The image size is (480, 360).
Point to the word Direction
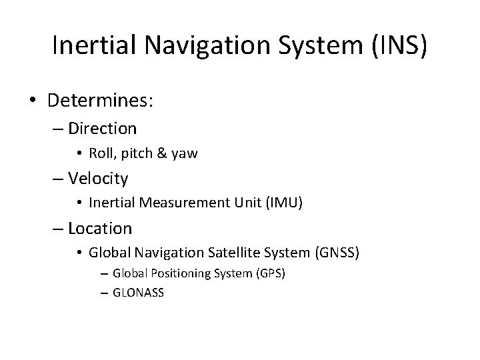point(102,128)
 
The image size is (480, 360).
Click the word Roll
point(101,153)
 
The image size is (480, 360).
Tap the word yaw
point(183,153)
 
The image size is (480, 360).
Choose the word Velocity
point(98,179)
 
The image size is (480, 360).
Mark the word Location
point(100,229)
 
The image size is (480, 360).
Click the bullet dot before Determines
point(33,102)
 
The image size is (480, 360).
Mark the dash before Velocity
point(59,179)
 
